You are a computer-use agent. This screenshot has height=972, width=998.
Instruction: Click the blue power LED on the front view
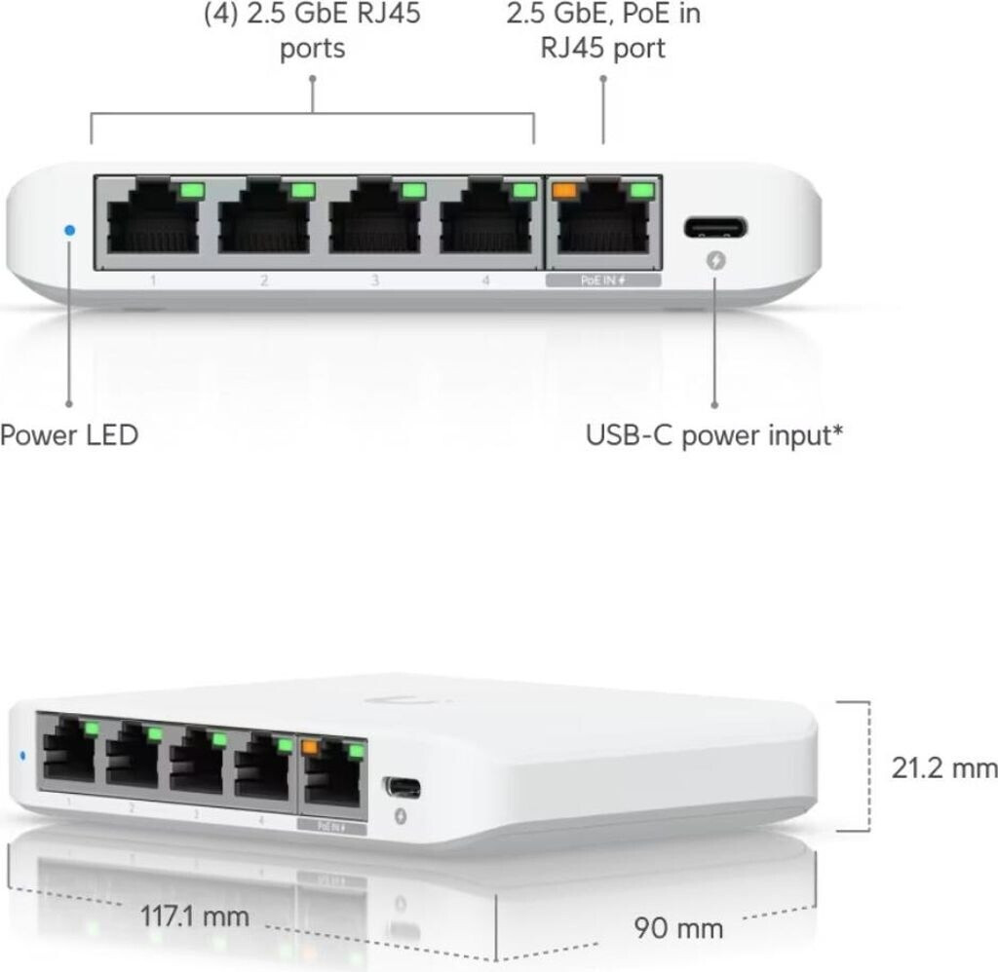point(68,230)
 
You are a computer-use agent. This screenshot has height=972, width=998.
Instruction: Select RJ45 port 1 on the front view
point(150,221)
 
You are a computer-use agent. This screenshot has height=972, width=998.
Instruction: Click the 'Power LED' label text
point(69,434)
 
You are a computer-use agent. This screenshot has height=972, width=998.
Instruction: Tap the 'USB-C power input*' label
point(713,434)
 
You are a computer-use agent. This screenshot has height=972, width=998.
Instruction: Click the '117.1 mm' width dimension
point(194,916)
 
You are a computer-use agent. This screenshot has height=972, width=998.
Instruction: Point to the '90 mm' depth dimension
point(678,928)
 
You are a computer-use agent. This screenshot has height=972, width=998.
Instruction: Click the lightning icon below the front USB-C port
point(714,262)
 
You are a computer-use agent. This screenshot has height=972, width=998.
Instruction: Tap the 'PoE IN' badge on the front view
point(602,280)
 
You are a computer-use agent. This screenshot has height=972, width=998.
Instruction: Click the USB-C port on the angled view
point(402,787)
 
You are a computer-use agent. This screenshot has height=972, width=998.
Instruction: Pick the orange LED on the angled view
point(311,748)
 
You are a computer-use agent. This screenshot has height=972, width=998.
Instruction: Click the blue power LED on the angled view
point(21,755)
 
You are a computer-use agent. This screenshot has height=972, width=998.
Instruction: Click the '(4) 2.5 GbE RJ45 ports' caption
point(312,31)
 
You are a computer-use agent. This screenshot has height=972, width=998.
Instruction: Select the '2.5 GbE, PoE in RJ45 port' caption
point(603,31)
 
